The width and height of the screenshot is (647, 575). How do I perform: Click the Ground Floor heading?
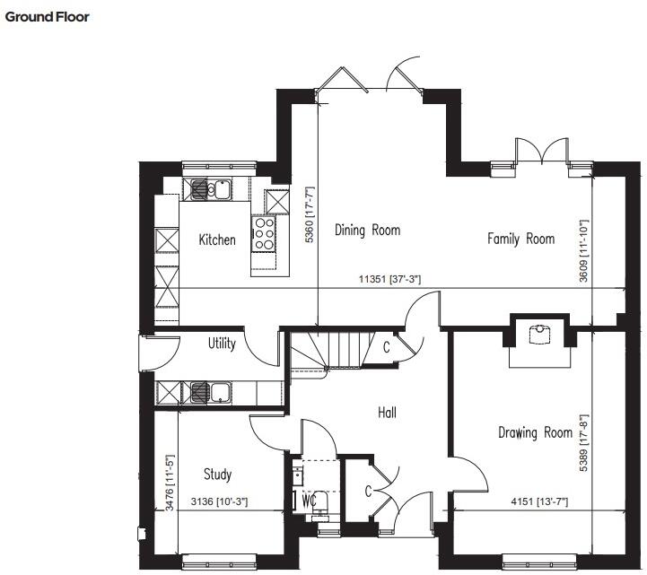[48, 16]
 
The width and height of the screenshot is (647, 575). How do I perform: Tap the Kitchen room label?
[217, 240]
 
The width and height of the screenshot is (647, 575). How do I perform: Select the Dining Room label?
[367, 231]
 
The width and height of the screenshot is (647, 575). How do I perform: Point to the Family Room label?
[520, 239]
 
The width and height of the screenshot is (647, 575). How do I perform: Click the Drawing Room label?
[535, 432]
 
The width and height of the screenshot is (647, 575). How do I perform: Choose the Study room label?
[217, 475]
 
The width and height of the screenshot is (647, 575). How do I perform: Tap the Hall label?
[387, 413]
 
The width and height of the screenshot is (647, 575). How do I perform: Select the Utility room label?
[222, 344]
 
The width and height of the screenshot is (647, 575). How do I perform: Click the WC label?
[310, 497]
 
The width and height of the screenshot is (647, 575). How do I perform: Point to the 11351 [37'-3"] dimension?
[389, 280]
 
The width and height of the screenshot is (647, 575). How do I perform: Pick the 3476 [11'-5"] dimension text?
[170, 483]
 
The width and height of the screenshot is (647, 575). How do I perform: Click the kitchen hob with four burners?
[264, 233]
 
